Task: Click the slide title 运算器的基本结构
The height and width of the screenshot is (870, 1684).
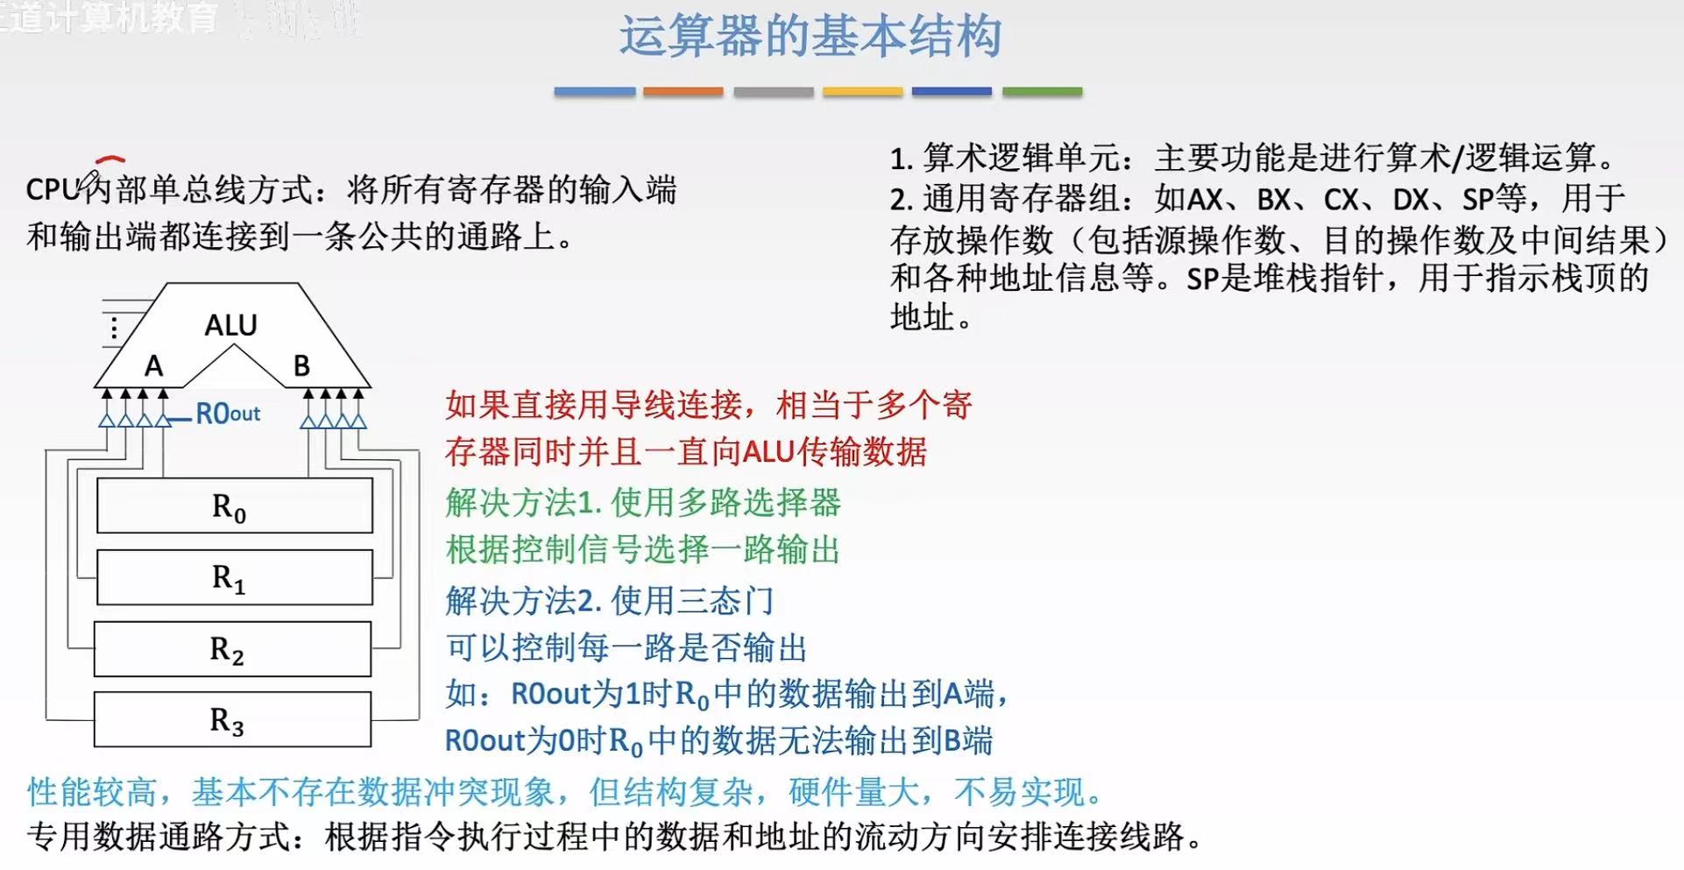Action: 810,38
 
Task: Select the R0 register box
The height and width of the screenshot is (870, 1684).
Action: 234,506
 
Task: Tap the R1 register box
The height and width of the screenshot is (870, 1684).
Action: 234,577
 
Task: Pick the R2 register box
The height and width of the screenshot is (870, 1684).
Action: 232,649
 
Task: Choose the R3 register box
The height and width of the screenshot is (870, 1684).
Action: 232,720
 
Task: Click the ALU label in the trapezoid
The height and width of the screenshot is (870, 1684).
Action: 230,326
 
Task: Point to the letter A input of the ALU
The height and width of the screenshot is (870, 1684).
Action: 154,366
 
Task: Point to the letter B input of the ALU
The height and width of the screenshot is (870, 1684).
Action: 301,366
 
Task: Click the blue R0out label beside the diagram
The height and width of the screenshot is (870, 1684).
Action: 228,414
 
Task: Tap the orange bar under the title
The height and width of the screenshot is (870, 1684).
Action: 683,91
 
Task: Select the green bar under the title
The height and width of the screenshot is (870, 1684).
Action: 1042,91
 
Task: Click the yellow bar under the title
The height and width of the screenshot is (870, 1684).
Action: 862,91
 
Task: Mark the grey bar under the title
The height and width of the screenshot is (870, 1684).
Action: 773,91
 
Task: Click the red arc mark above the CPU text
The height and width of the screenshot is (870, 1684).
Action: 110,159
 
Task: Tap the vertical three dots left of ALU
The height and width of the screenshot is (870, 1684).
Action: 114,328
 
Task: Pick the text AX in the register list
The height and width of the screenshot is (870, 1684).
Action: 1205,200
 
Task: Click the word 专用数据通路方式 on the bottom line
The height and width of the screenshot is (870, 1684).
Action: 159,837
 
